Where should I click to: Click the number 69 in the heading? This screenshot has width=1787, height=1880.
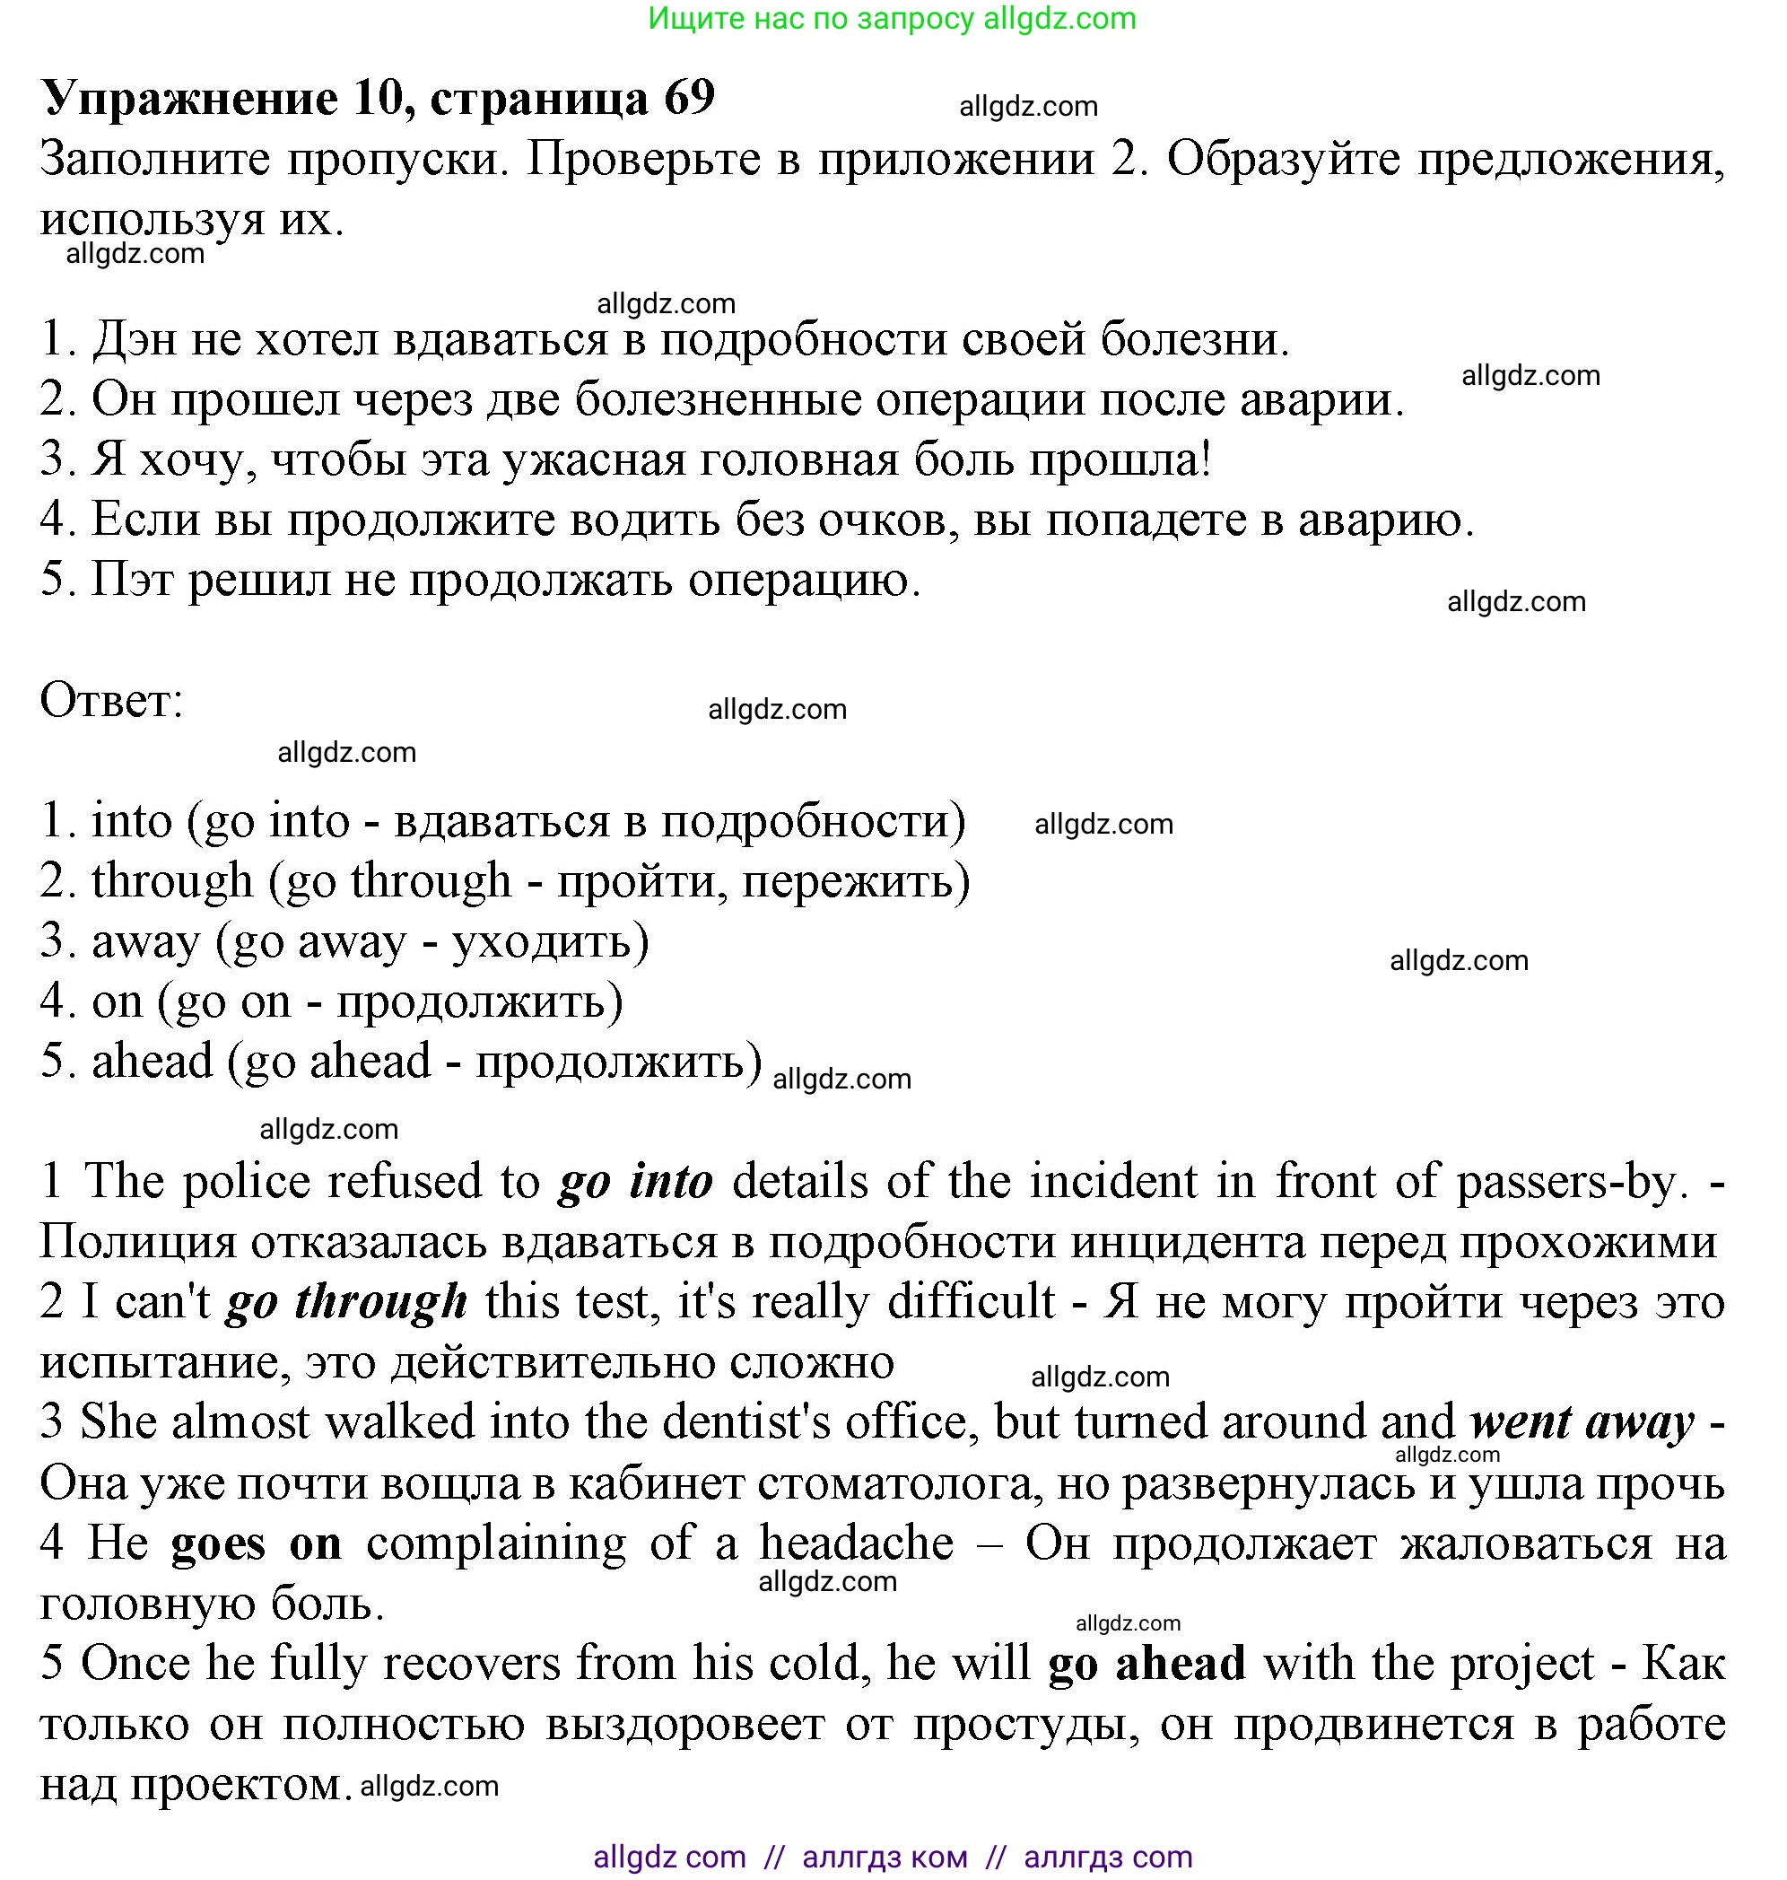(x=689, y=98)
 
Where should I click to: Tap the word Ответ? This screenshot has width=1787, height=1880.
(x=110, y=702)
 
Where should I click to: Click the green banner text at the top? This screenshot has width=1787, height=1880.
(x=892, y=18)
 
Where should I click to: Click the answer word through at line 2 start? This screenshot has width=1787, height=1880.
(x=172, y=881)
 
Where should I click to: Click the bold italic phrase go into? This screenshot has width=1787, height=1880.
(x=635, y=1182)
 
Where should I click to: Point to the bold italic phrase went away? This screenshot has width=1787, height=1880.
(x=1582, y=1422)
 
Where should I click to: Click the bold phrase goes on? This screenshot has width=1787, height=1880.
(x=257, y=1543)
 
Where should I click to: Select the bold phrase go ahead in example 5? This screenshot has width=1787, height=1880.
(x=1146, y=1664)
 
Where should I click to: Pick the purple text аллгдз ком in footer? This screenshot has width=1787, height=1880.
(x=885, y=1856)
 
